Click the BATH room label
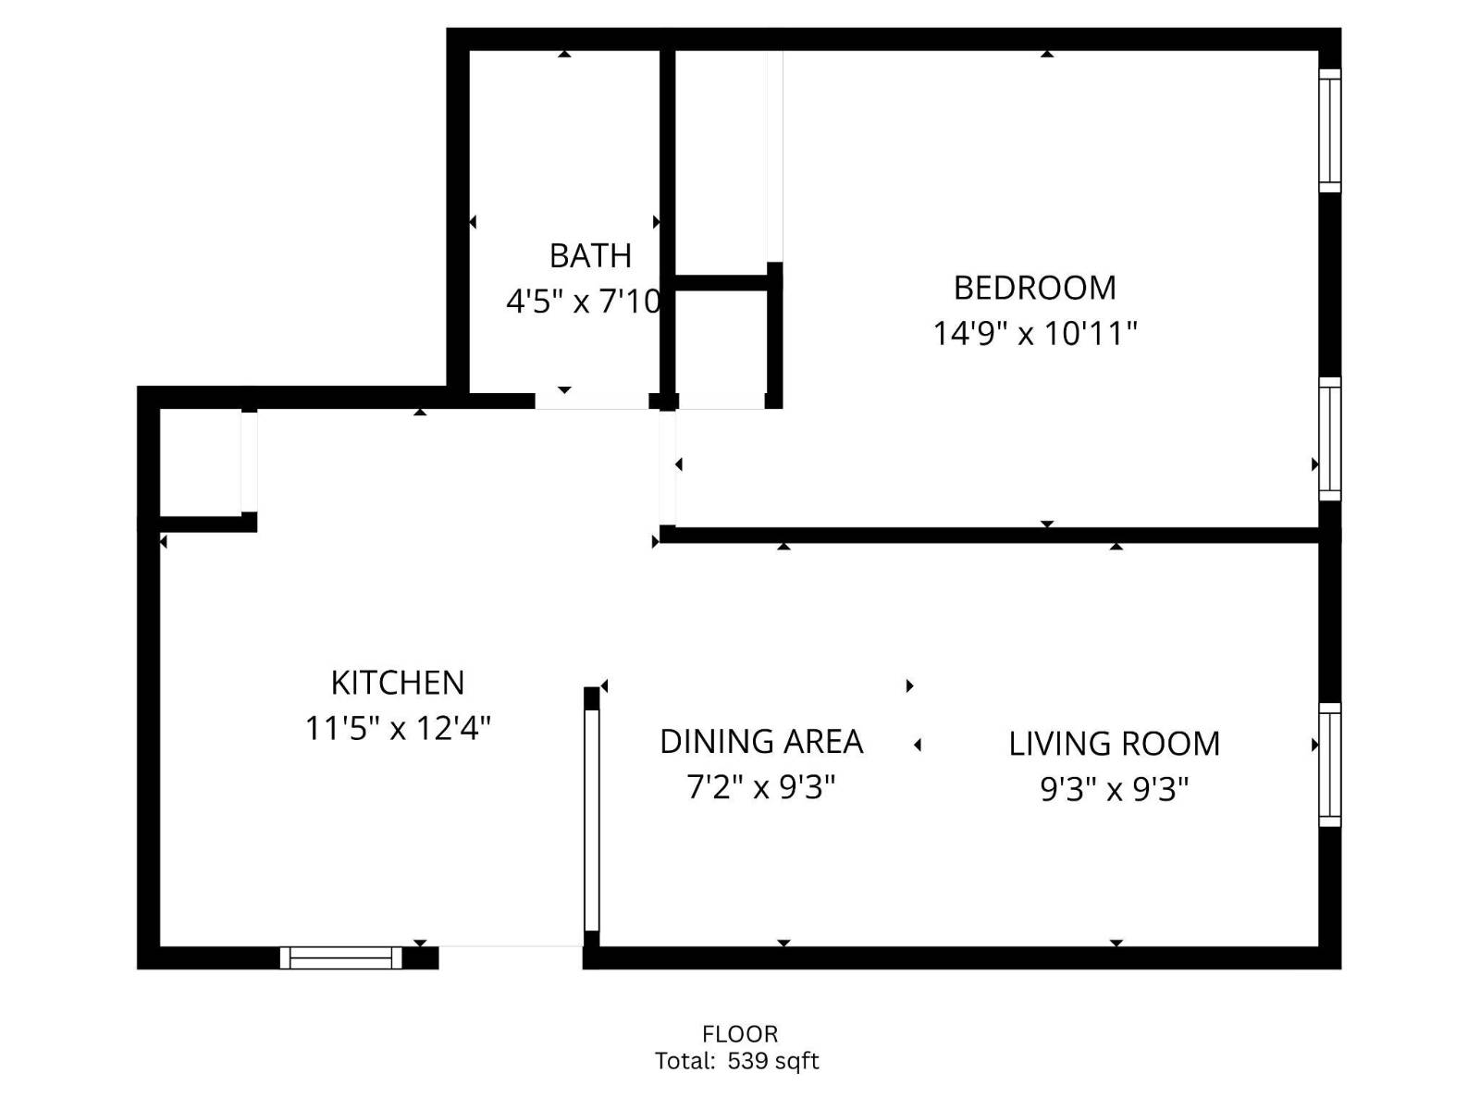(x=590, y=255)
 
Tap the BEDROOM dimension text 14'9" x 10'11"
(x=1034, y=333)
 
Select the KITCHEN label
(x=398, y=683)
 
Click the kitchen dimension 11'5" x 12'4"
(x=398, y=729)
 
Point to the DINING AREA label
(x=761, y=741)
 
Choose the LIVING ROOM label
(x=1114, y=744)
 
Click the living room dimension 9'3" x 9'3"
(x=1114, y=789)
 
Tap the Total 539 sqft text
(x=737, y=1061)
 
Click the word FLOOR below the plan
(x=740, y=1033)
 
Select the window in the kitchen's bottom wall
(x=341, y=957)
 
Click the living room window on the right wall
(x=1329, y=764)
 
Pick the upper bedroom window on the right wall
(x=1329, y=130)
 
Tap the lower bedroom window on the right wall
(x=1329, y=438)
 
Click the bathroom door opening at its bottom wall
(x=592, y=401)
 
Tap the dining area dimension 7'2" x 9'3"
(x=761, y=787)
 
